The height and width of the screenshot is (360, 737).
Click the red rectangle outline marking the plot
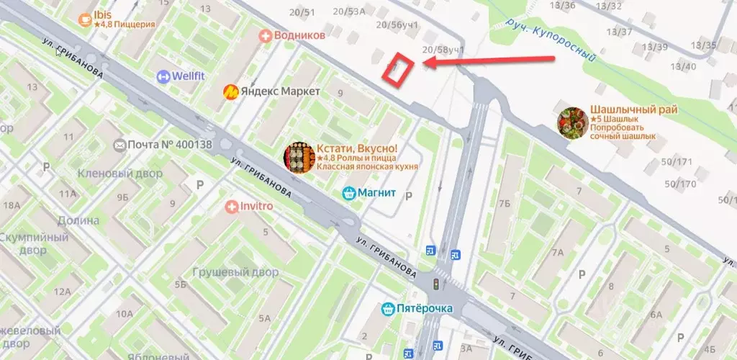click(x=399, y=71)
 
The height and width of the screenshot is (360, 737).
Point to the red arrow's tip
click(x=424, y=63)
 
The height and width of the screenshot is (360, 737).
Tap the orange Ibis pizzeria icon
click(x=86, y=18)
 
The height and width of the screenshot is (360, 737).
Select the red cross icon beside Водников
click(x=266, y=35)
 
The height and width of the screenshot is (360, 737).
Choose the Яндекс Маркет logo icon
click(x=231, y=91)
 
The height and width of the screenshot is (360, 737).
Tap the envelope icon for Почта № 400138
click(x=119, y=145)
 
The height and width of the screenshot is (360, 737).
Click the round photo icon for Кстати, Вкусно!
click(x=299, y=158)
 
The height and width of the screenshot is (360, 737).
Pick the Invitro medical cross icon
click(x=231, y=207)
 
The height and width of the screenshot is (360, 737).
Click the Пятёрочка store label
click(x=424, y=309)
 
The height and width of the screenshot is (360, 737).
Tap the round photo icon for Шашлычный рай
click(x=572, y=122)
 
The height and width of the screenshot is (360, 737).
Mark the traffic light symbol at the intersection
click(x=435, y=284)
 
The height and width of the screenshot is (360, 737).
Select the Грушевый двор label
click(x=235, y=273)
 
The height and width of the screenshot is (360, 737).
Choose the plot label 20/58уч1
click(x=443, y=50)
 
